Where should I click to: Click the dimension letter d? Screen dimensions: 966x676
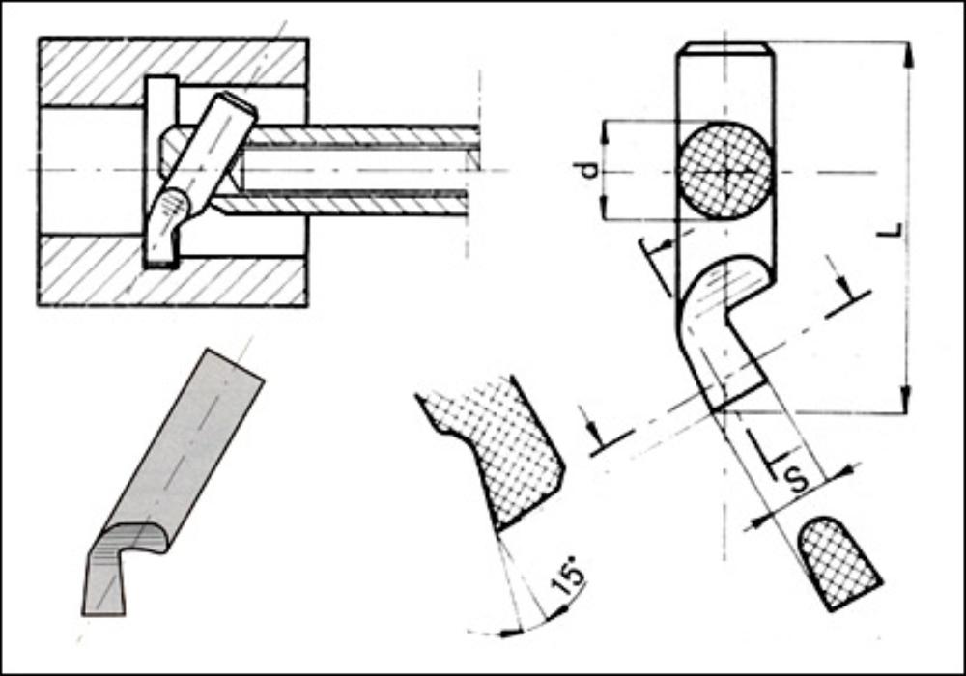[589, 169]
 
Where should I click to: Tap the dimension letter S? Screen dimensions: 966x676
[799, 478]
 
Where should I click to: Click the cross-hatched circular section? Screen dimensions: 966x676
[724, 171]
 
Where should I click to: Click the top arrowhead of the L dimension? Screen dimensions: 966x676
[907, 54]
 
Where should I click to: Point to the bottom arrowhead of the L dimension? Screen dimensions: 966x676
[906, 400]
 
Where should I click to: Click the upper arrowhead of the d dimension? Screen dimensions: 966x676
[604, 132]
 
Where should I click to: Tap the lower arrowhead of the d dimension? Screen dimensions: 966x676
[604, 208]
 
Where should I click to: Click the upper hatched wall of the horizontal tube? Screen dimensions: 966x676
[363, 136]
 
